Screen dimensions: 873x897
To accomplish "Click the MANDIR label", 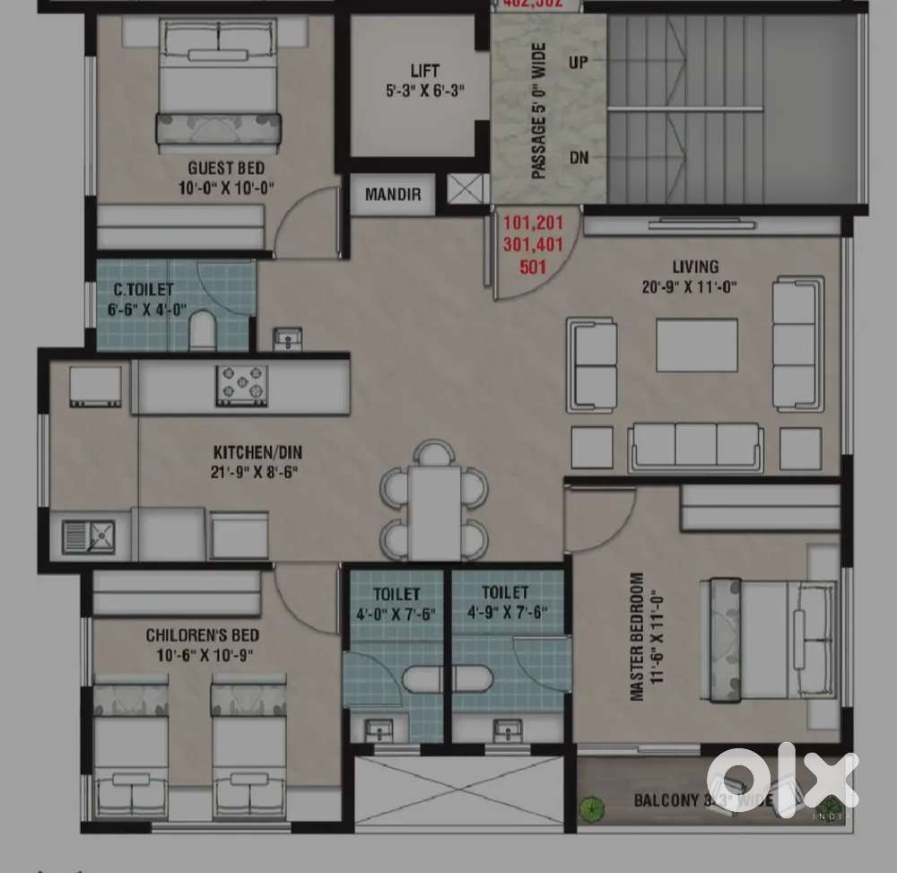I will [x=392, y=195].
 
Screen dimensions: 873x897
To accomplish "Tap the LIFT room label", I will [x=424, y=71].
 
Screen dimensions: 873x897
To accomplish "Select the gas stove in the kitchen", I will [x=241, y=385].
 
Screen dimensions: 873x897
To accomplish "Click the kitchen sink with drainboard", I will [x=89, y=536].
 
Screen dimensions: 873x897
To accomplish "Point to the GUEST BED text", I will [x=225, y=168].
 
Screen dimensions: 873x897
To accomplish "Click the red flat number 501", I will [x=533, y=266].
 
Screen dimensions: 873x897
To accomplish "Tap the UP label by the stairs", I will [x=579, y=63].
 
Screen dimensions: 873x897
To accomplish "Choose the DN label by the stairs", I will [x=579, y=158].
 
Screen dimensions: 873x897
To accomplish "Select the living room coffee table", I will [x=697, y=345].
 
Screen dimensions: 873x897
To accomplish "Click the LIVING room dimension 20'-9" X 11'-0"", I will [x=695, y=288].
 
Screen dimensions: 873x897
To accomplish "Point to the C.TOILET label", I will [x=144, y=290].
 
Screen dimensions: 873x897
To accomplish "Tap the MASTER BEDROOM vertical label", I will [x=636, y=636].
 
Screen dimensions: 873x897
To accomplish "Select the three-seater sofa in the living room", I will [x=695, y=445].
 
